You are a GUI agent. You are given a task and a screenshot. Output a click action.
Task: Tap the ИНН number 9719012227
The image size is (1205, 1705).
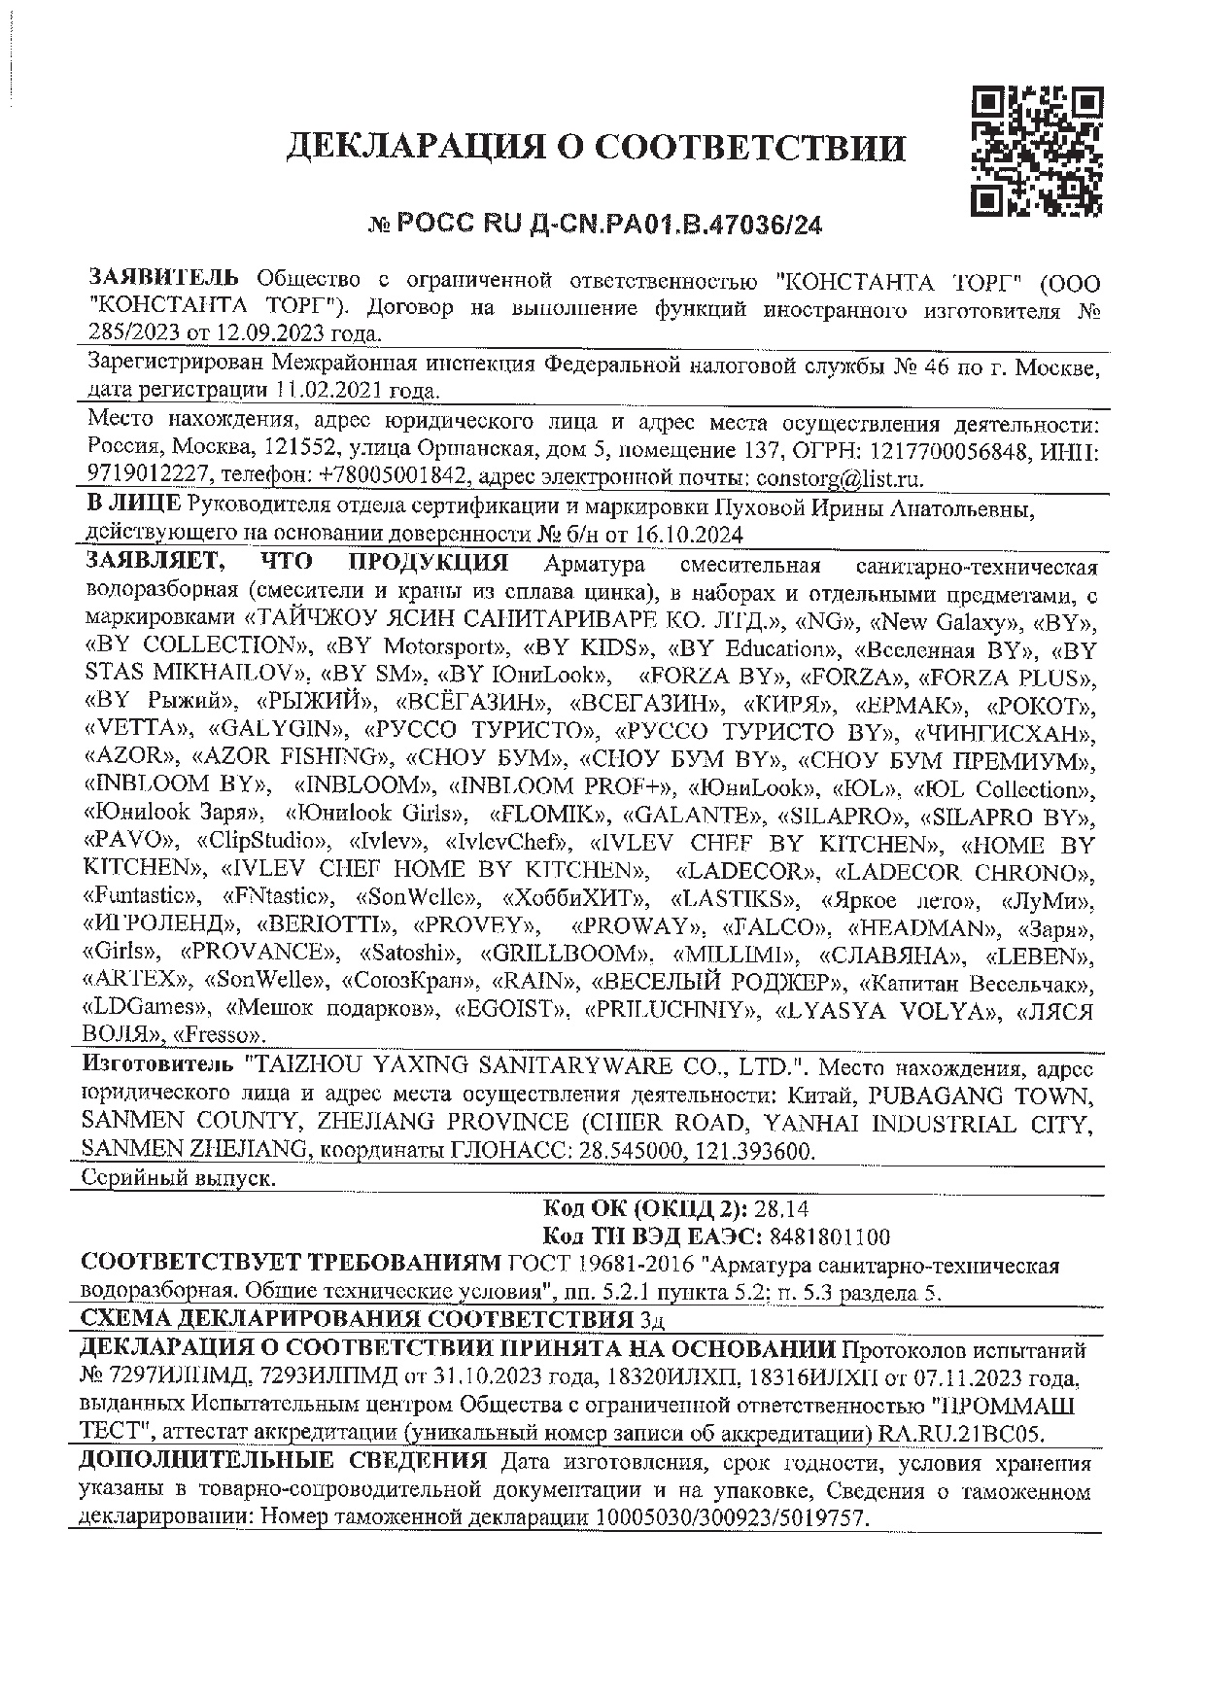[x=148, y=478]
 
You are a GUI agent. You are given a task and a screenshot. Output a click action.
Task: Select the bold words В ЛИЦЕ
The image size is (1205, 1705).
[x=133, y=505]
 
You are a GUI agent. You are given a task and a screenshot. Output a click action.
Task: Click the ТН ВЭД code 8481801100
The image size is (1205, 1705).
[x=829, y=1237]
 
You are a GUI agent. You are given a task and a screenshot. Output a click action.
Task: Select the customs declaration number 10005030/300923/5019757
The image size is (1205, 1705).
[x=730, y=1517]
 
